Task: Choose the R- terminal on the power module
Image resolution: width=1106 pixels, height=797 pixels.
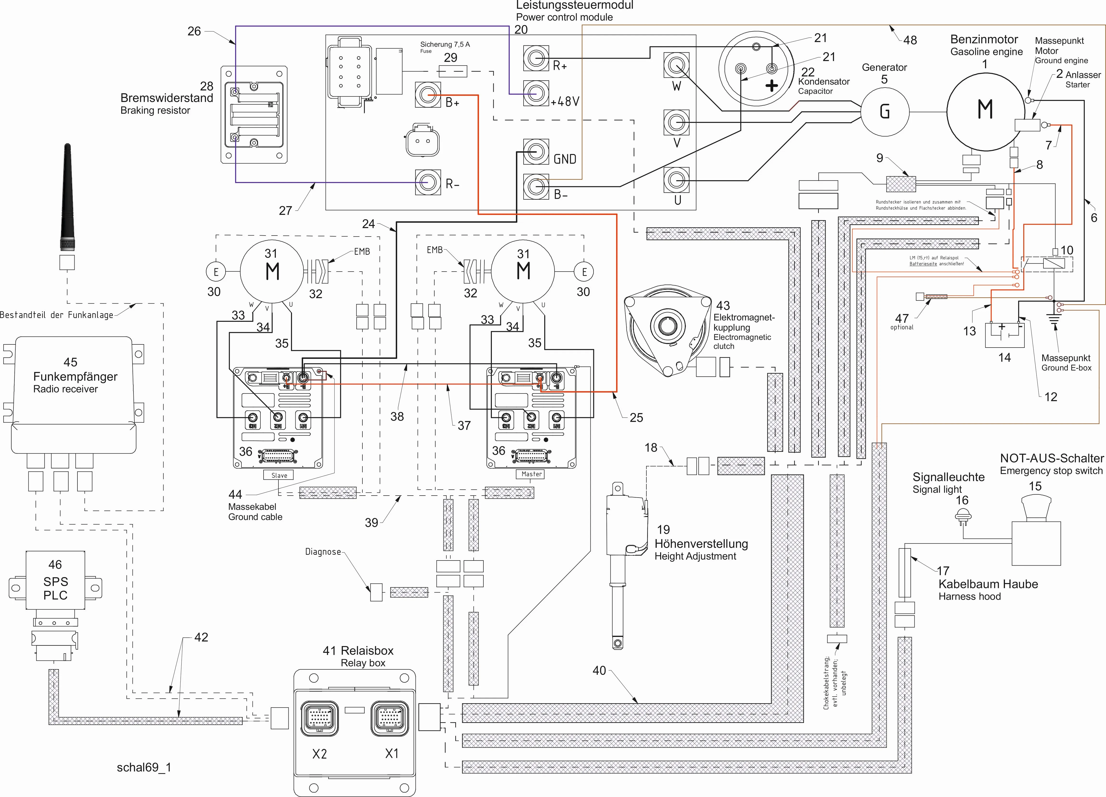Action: [x=428, y=182]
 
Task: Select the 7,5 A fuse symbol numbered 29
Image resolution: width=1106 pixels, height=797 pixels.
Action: [x=452, y=72]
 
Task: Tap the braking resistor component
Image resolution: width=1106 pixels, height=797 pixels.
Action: [x=253, y=115]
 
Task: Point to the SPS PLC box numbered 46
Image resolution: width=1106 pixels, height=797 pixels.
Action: [x=55, y=580]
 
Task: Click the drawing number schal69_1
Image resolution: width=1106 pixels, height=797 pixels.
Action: [x=144, y=767]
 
